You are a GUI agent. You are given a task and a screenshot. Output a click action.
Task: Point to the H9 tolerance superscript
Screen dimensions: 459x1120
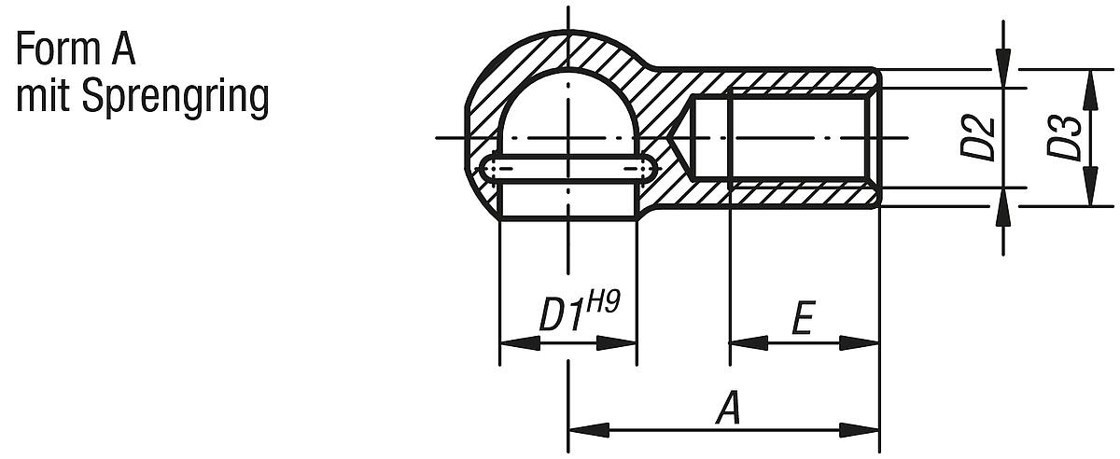[605, 304]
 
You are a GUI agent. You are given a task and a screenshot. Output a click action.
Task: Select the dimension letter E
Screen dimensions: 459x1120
[801, 319]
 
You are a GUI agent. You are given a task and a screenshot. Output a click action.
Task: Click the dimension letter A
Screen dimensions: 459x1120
[727, 410]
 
